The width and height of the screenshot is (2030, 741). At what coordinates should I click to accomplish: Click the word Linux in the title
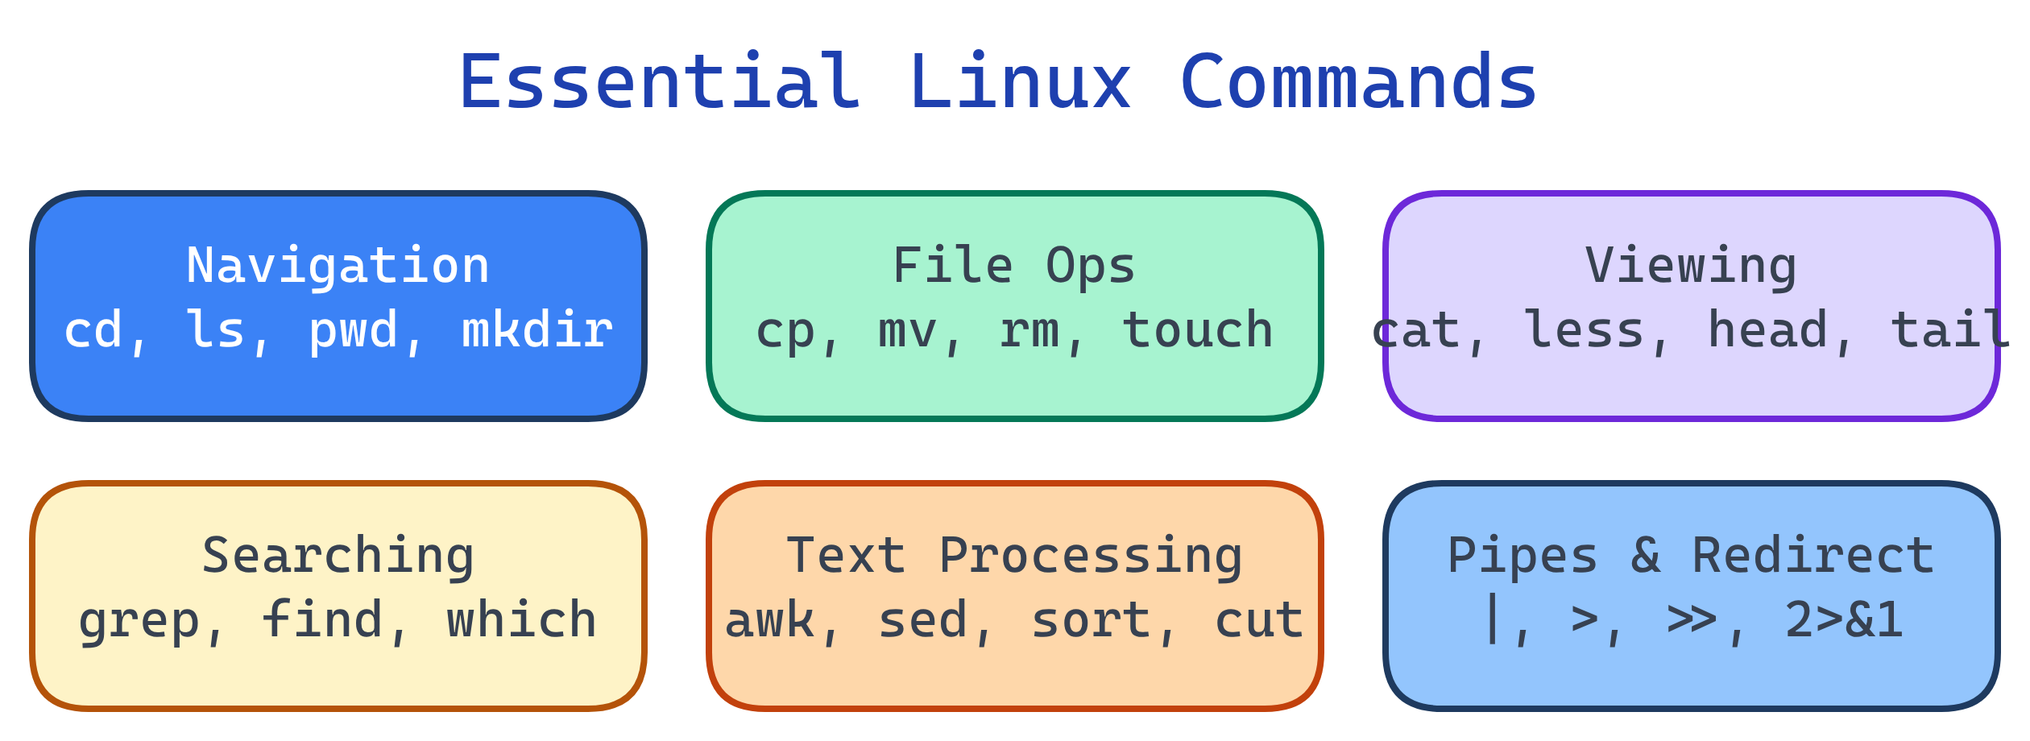(1021, 83)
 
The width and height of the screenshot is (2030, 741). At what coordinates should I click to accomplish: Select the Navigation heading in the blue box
(338, 266)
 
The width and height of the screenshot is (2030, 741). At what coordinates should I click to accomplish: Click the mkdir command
(537, 330)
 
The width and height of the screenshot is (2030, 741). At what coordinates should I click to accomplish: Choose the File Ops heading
(1014, 266)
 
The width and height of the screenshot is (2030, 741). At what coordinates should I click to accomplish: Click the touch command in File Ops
(1198, 330)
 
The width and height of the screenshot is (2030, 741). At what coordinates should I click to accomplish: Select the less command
(1584, 330)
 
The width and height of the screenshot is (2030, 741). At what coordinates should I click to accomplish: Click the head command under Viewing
(1767, 330)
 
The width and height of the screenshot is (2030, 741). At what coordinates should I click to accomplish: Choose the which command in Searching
(522, 620)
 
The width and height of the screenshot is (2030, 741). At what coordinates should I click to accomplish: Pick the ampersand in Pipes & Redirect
(1646, 556)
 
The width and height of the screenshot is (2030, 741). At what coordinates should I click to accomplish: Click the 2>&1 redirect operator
(1844, 620)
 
